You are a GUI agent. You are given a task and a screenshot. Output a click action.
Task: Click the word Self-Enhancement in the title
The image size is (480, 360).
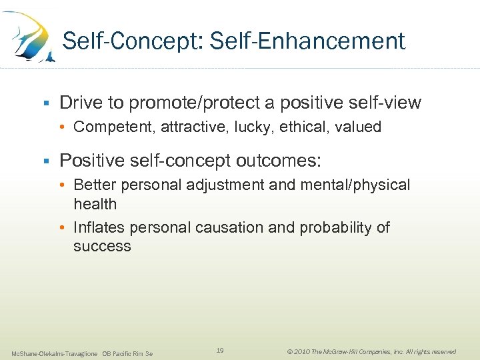click(307, 41)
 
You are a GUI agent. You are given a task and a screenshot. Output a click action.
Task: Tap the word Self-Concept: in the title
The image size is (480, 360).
click(133, 41)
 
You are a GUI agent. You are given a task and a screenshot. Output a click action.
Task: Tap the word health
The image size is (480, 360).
click(95, 204)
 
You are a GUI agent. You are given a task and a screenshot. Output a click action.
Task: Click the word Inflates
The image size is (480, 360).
click(99, 227)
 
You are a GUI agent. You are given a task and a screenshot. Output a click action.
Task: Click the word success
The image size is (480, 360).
click(102, 246)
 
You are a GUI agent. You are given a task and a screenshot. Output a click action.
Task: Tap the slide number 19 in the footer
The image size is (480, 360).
click(220, 350)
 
